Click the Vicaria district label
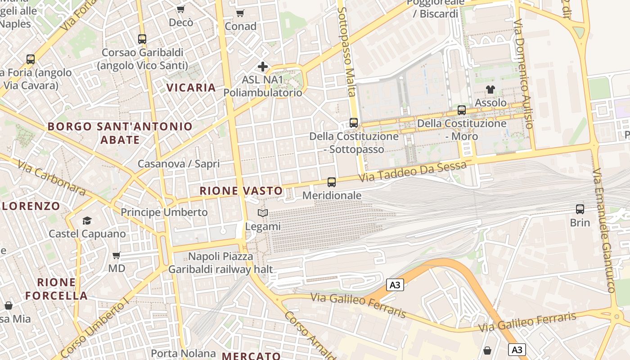coord(191,87)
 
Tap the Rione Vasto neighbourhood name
coord(241,191)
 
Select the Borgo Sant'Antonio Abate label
coord(120,133)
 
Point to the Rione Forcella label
coord(56,289)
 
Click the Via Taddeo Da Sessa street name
coord(413,171)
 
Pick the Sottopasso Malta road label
coord(347,52)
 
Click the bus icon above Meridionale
coord(332,182)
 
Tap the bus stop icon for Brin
coord(580,209)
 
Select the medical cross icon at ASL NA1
coord(263,67)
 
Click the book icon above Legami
coord(263,213)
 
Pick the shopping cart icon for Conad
coord(240,13)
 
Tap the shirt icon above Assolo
coord(490,90)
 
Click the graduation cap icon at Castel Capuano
coord(87,220)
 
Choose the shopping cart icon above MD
coord(117,256)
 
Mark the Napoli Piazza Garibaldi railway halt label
coord(220,263)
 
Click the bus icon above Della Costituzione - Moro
coord(462,110)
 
